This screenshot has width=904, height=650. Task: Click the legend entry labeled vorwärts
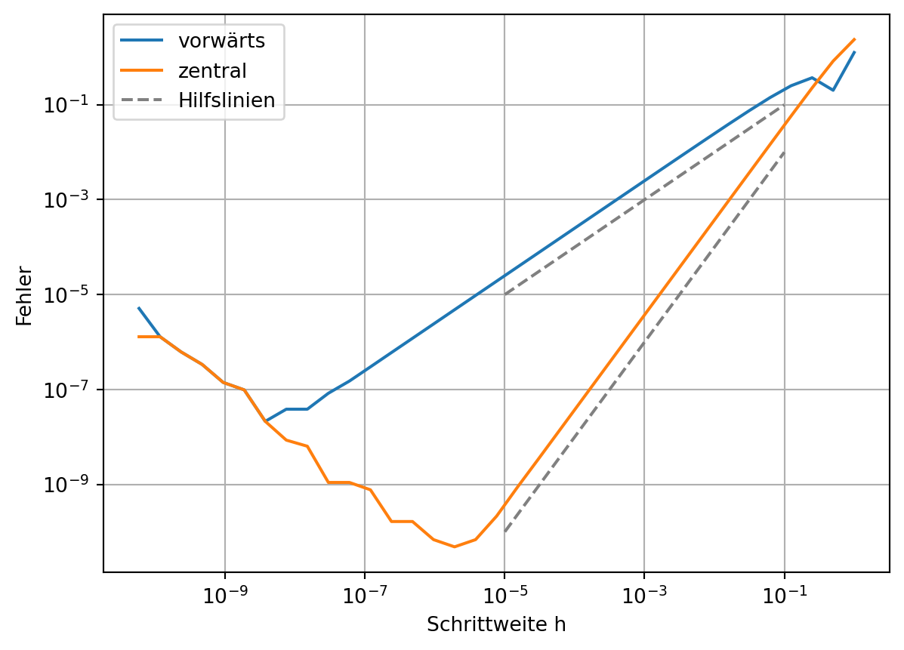(221, 41)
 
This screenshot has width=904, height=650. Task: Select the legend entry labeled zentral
(212, 71)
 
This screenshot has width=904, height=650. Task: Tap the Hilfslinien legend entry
(226, 100)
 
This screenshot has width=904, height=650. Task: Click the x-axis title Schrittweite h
(496, 625)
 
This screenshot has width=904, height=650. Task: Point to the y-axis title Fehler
(25, 295)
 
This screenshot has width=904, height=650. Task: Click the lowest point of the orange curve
(454, 547)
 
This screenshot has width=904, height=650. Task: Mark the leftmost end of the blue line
(139, 308)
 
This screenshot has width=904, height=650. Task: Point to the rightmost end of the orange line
(854, 39)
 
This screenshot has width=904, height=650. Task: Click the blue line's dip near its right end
(833, 90)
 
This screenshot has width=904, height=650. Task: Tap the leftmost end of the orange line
(139, 337)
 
